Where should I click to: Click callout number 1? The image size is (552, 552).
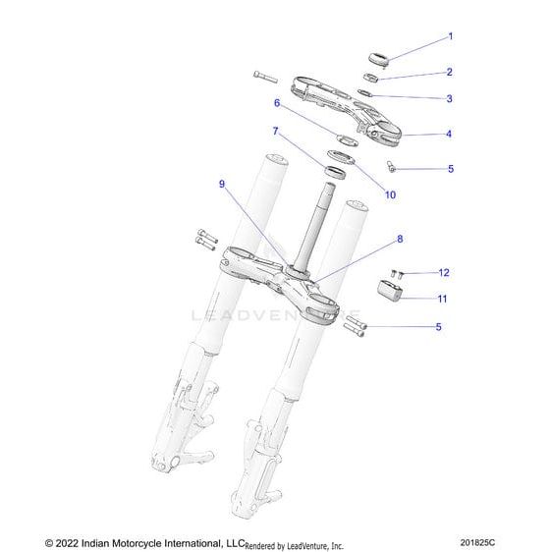point(450,37)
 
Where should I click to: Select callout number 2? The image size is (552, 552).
point(450,72)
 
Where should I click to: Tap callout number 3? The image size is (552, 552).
point(450,98)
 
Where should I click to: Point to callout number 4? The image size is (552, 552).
point(450,133)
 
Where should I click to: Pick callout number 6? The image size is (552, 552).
point(277,101)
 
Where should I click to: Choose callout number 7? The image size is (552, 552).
point(276,131)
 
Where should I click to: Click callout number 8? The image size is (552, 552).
point(372,239)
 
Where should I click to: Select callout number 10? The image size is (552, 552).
point(362,195)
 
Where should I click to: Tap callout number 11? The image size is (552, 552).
point(442,298)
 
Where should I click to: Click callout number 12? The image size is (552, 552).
point(443,272)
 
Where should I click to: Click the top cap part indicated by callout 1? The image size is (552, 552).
point(376,56)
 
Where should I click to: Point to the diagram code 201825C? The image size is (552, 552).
point(506,542)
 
